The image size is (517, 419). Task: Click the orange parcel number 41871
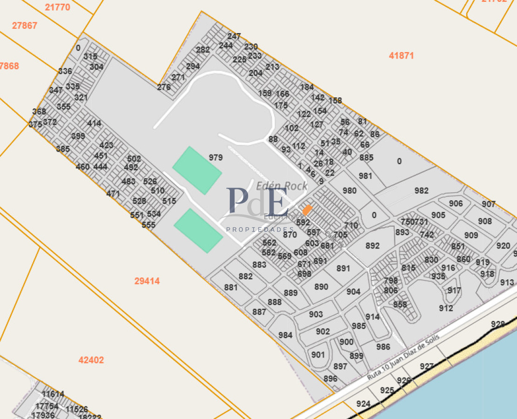(401, 56)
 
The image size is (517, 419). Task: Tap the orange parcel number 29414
(147, 281)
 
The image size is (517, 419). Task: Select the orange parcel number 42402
(91, 360)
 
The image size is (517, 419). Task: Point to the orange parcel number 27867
(25, 26)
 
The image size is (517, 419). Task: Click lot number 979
(215, 158)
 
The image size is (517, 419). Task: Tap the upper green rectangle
(197, 170)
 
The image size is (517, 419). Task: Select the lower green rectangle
(198, 230)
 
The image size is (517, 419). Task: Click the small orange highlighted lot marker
(306, 210)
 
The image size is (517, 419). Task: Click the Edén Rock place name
(282, 186)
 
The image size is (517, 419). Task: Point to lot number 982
(421, 190)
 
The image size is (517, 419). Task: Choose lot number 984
(285, 335)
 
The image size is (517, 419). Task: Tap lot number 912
(446, 308)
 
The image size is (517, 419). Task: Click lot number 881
(231, 288)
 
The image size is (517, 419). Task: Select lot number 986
(383, 347)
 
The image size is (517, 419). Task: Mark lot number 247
(234, 36)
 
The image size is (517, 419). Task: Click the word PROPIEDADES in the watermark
(260, 230)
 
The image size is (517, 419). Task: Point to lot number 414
(94, 123)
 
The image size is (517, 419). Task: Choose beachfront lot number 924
(363, 404)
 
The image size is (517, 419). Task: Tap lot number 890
(321, 287)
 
